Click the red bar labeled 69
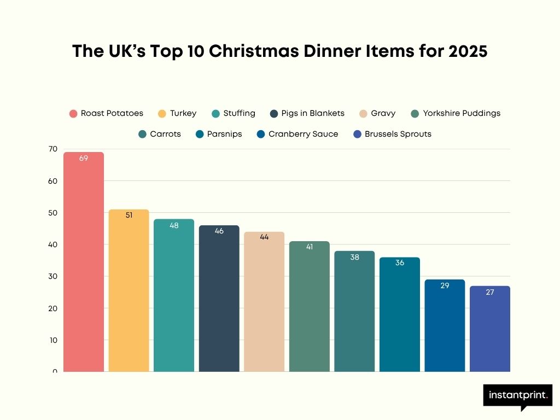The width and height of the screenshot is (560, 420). [84, 262]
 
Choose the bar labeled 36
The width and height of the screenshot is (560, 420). [400, 315]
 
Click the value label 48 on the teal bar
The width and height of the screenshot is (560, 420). [174, 225]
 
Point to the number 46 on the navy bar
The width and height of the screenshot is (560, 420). [219, 231]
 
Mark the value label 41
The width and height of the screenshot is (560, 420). [310, 247]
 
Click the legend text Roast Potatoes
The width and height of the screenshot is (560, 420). [112, 113]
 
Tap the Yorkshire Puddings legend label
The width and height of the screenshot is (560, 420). [462, 113]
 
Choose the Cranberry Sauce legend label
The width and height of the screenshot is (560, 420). [303, 134]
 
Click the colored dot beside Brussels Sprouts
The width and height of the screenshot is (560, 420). [358, 134]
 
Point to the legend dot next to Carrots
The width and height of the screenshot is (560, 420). [143, 134]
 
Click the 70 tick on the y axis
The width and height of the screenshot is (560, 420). [52, 149]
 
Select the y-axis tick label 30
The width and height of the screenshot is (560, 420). [52, 276]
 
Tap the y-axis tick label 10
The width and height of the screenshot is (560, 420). [52, 340]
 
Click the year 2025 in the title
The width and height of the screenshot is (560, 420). [467, 51]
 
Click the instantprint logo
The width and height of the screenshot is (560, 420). [517, 395]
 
